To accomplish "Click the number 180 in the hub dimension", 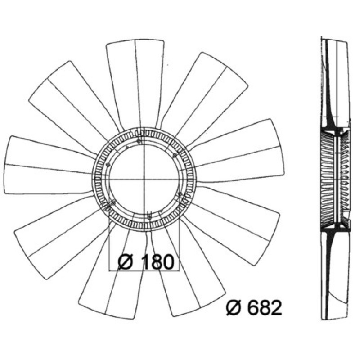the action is click(158, 262).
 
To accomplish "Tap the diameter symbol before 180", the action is click(126, 262).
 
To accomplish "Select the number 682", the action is click(264, 308).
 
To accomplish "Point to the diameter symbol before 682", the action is click(234, 308).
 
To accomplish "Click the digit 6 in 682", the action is click(252, 308).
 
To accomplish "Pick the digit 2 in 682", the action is click(276, 308).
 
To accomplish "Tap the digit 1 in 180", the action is click(146, 262).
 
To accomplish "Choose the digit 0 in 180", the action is click(168, 262).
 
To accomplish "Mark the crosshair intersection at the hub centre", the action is click(144, 179).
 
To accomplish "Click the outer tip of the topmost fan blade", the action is click(135, 40).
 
